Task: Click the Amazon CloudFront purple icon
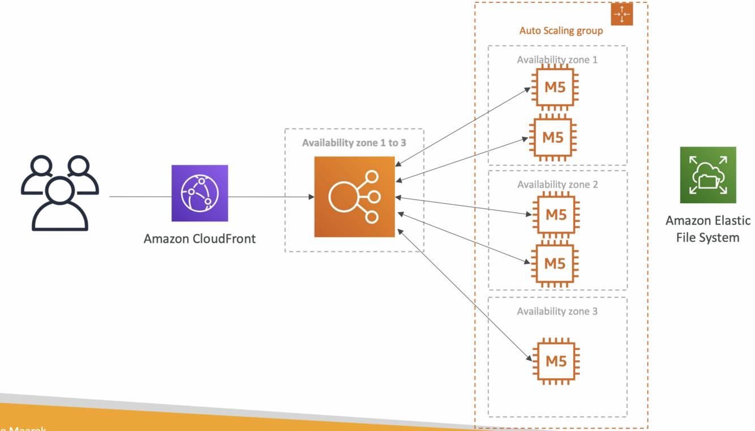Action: point(200,193)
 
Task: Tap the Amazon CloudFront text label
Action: point(199,238)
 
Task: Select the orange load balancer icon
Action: point(354,197)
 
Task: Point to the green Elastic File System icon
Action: point(707,174)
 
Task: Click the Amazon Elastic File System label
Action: point(707,229)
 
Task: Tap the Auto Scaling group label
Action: point(561,31)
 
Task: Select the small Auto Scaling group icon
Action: point(621,14)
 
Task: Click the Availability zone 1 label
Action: point(557,59)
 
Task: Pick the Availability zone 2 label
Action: point(557,185)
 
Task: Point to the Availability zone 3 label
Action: point(557,311)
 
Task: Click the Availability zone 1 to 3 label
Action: point(354,143)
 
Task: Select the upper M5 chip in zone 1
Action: point(555,87)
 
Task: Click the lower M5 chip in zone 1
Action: point(552,137)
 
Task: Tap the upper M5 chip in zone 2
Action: point(555,215)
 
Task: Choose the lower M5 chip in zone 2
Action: point(555,263)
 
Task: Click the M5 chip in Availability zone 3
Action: point(555,361)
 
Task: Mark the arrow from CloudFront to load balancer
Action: point(272,197)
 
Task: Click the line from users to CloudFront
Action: point(140,197)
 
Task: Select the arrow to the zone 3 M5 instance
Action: point(464,294)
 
